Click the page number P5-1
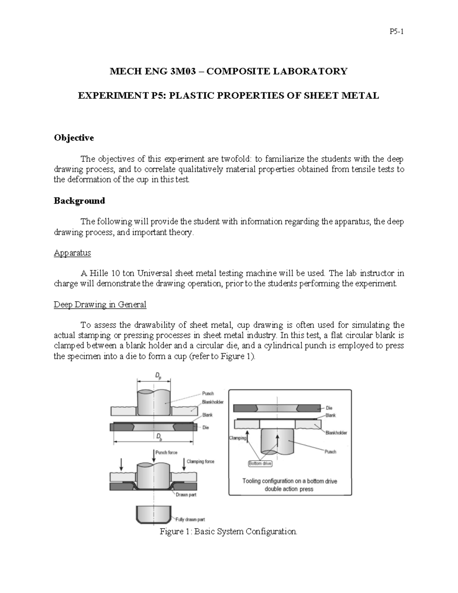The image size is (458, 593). click(397, 32)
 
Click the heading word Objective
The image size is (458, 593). click(74, 138)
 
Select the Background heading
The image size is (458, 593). click(79, 201)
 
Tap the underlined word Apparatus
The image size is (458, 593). click(72, 253)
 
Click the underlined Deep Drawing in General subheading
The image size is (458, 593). click(100, 305)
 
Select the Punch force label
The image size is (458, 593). click(166, 452)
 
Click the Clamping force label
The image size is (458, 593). click(201, 461)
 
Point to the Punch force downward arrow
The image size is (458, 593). click(153, 455)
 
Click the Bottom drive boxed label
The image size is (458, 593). click(260, 464)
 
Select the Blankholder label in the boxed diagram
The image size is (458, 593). click(336, 433)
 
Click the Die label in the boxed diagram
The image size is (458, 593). click(329, 408)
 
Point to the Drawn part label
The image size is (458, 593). click(186, 495)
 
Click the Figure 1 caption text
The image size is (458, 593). click(228, 532)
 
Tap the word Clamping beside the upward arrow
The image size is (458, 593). click(237, 438)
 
